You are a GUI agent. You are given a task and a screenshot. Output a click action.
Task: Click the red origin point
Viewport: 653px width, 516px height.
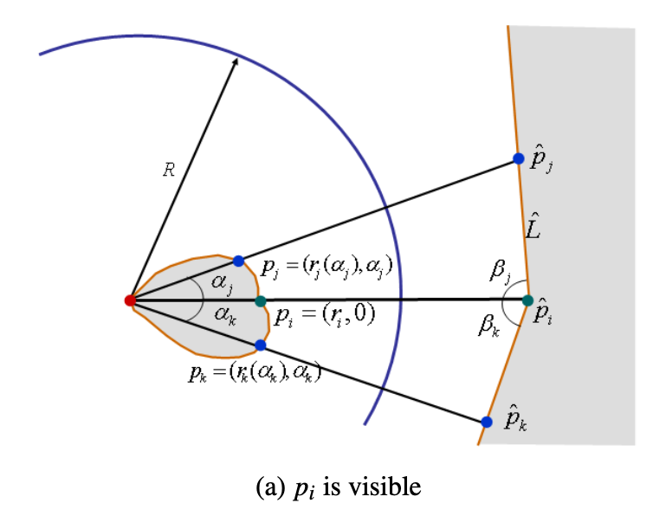pos(129,300)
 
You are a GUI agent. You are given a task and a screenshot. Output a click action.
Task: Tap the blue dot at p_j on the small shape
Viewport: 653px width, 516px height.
pos(238,261)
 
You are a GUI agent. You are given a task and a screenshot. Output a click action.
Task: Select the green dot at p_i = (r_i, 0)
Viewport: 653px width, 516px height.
pos(261,301)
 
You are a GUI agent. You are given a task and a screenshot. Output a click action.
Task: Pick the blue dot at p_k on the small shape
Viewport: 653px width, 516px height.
pos(261,345)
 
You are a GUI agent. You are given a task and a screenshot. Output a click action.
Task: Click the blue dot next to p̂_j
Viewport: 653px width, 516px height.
pos(518,158)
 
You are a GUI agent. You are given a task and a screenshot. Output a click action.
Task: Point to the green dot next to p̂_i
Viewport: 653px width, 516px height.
pos(527,300)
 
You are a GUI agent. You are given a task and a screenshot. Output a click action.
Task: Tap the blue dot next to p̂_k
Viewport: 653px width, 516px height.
pos(486,422)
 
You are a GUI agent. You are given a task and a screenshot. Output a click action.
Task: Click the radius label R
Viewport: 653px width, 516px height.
pos(169,171)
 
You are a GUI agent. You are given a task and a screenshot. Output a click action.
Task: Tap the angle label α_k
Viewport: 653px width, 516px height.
pos(223,316)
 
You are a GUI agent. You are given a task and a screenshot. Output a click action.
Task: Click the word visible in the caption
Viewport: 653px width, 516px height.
pos(386,487)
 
